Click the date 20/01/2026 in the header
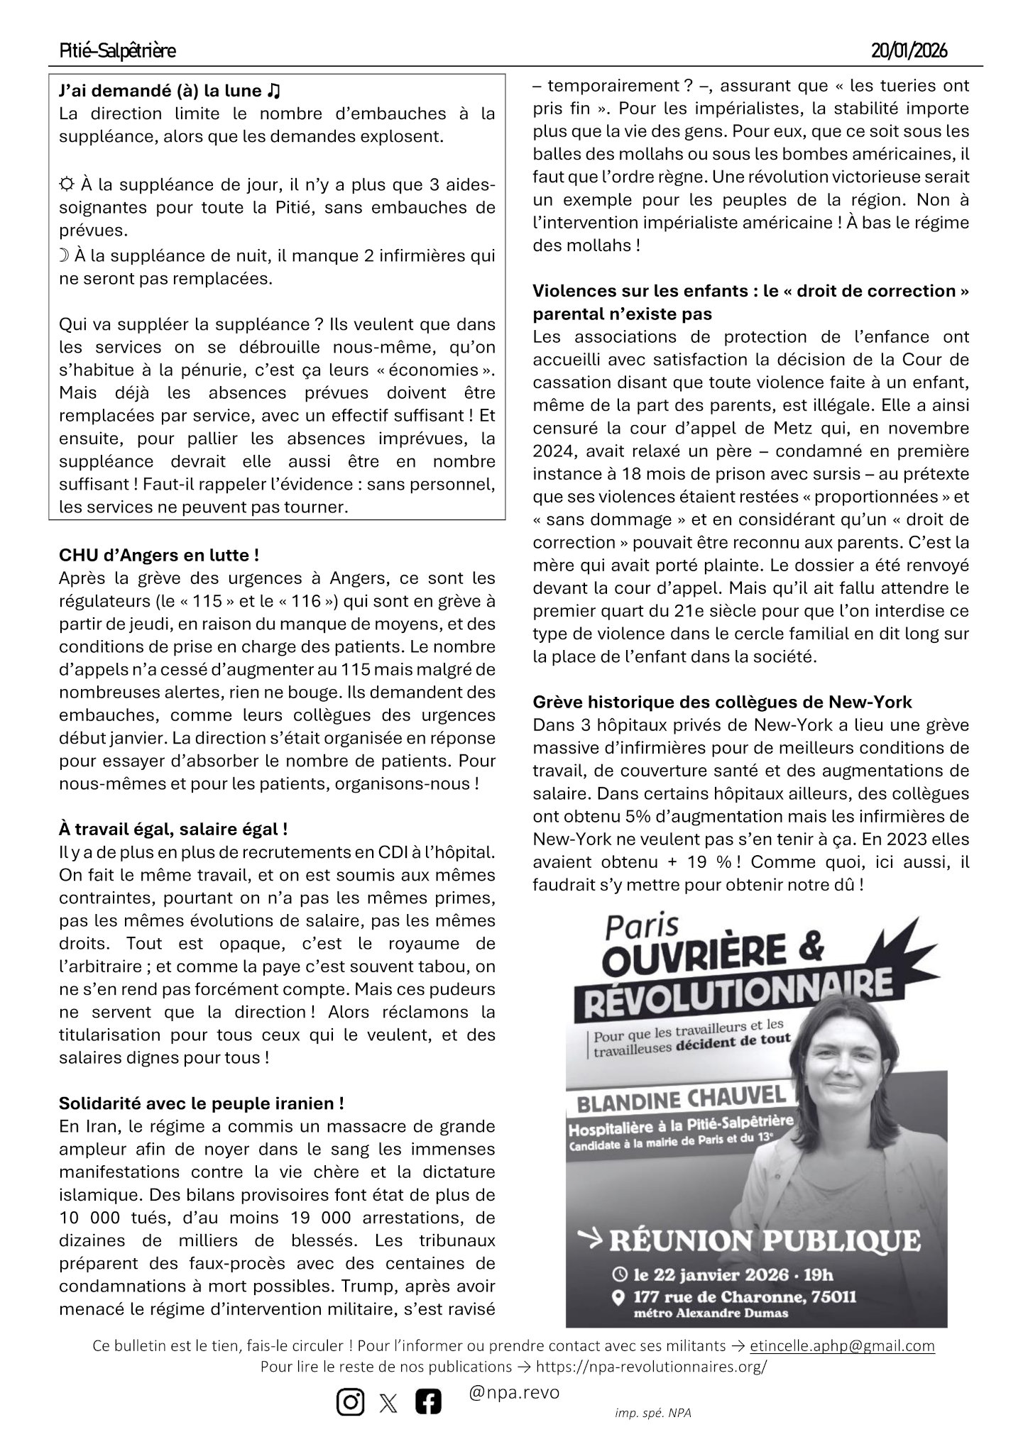click(x=909, y=51)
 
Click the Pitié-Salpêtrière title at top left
click(x=118, y=51)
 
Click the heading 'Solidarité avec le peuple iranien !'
click(x=202, y=1103)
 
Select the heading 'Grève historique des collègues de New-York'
click(x=722, y=702)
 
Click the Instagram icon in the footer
click(x=349, y=1402)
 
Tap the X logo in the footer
click(x=389, y=1403)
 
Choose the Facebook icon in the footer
click(x=428, y=1402)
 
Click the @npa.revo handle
click(x=514, y=1393)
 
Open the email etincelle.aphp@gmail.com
click(x=842, y=1346)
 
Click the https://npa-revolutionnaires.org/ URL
click(x=651, y=1367)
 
